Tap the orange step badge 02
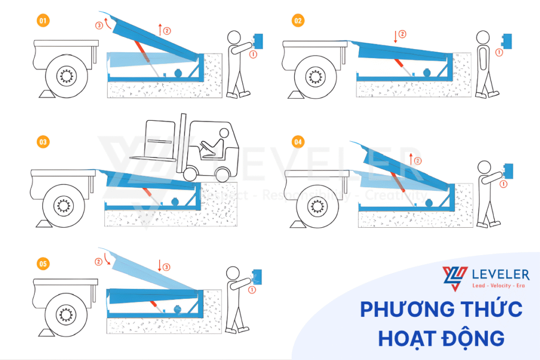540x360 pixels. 298,21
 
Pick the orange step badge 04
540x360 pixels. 298,142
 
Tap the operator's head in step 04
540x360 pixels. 484,168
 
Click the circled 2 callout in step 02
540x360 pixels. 403,34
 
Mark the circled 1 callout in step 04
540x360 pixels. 503,184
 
